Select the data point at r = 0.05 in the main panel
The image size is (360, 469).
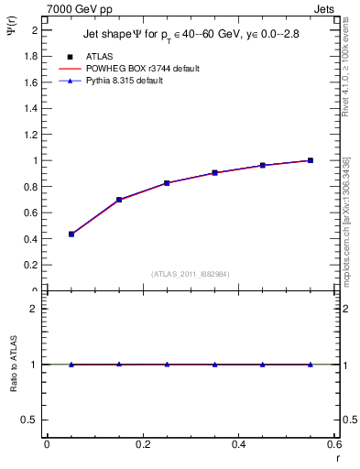point(71,234)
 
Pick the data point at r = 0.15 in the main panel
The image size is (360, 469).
point(119,200)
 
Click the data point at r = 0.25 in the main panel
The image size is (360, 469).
point(167,183)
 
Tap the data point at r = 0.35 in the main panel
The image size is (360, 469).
point(214,172)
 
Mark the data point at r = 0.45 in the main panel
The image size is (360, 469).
point(263,165)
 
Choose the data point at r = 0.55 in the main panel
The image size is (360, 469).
point(311,160)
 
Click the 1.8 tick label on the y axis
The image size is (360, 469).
point(31,56)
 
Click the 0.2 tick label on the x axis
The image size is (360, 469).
point(143,444)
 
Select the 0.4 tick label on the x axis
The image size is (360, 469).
point(238,444)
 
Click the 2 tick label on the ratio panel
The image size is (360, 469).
point(35,309)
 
